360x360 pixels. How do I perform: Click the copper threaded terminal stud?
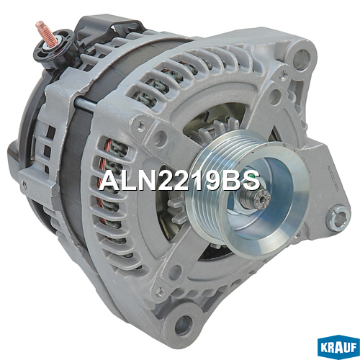(x=46, y=33)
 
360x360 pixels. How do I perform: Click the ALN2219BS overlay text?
(x=179, y=181)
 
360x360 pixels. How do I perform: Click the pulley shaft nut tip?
(x=262, y=199)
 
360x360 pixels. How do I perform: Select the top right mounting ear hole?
(x=301, y=57)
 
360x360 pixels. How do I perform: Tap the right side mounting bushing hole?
(x=338, y=217)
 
